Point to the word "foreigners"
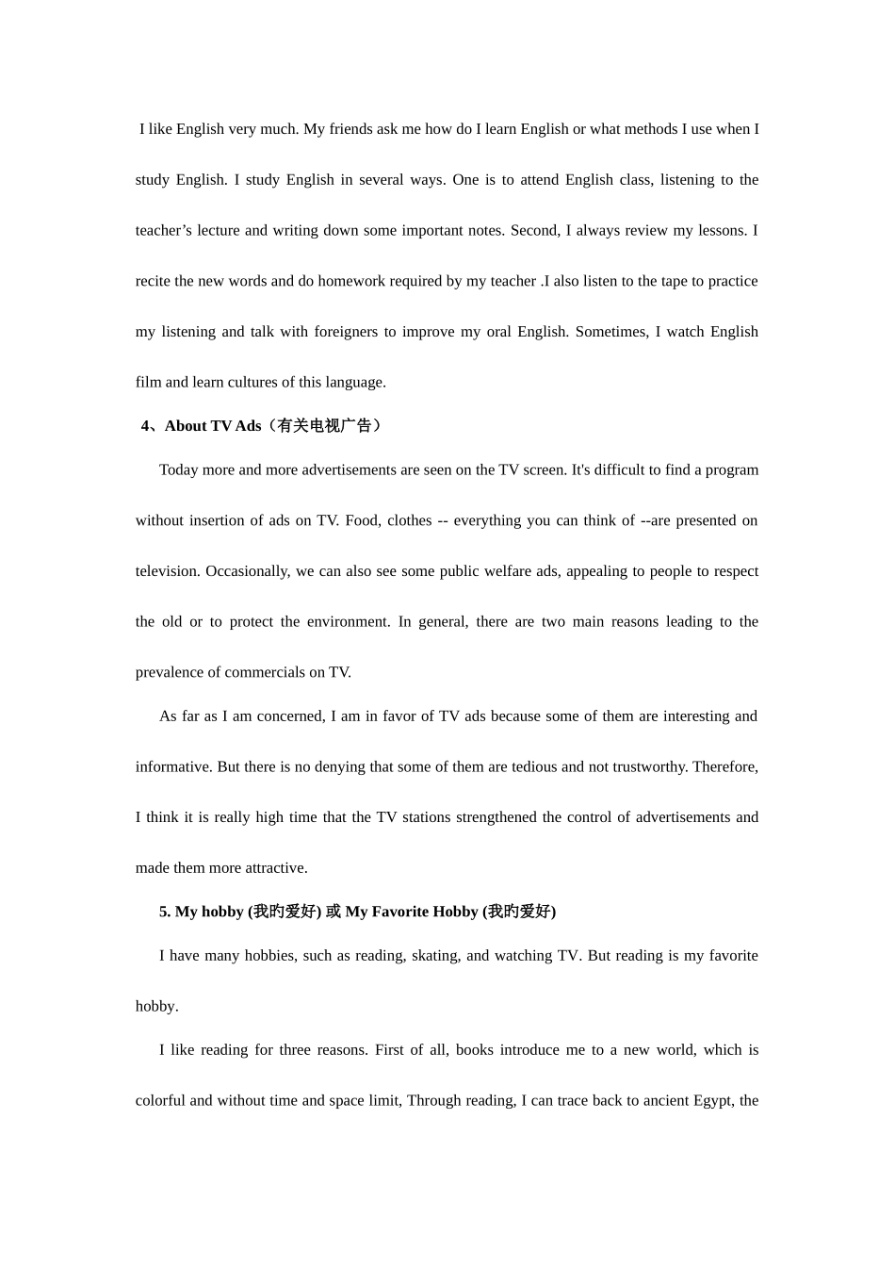(347, 332)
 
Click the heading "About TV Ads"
(213, 426)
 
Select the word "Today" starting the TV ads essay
(179, 470)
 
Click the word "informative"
(173, 767)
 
